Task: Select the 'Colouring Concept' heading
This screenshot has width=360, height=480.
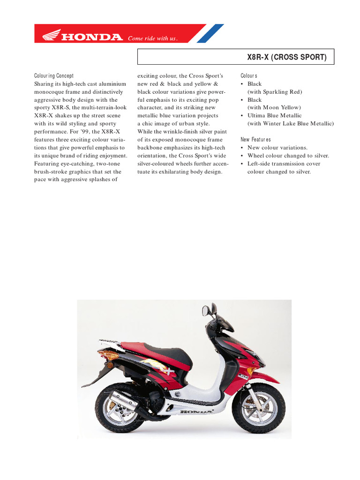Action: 54,76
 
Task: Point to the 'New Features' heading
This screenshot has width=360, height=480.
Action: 255,140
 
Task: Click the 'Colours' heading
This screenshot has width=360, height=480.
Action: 249,76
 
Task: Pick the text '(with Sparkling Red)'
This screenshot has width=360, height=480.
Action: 275,92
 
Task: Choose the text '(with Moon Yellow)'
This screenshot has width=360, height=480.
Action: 274,108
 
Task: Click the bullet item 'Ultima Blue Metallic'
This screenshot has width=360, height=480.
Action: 274,116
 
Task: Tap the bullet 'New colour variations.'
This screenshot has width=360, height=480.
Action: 277,148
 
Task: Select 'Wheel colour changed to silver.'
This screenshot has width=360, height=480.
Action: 288,156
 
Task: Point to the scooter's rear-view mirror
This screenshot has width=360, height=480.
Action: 206,310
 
